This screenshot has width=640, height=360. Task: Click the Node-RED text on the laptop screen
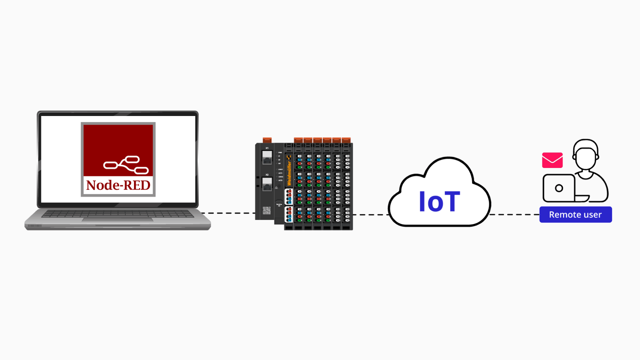pyautogui.click(x=118, y=185)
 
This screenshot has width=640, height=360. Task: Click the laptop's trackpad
pyautogui.click(x=118, y=220)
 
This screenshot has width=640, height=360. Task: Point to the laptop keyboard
pyautogui.click(x=118, y=214)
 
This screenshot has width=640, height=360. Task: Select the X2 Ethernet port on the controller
pyautogui.click(x=267, y=184)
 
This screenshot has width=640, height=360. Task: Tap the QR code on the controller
pyautogui.click(x=267, y=210)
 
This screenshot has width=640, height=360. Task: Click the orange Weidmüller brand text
pyautogui.click(x=289, y=172)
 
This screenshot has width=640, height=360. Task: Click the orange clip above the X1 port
pyautogui.click(x=267, y=140)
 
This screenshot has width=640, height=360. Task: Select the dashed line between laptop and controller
pyautogui.click(x=227, y=213)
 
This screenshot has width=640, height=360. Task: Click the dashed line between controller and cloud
pyautogui.click(x=370, y=215)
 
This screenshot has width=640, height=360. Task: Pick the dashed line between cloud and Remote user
pyautogui.click(x=515, y=215)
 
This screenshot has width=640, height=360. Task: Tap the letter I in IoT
pyautogui.click(x=422, y=202)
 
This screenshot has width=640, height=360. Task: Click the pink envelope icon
pyautogui.click(x=552, y=160)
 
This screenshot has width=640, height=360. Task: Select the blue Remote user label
pyautogui.click(x=575, y=215)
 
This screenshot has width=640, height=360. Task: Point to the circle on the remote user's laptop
pyautogui.click(x=559, y=188)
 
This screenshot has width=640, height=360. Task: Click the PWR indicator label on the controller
pyautogui.click(x=280, y=152)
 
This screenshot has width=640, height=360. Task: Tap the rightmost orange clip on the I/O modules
pyautogui.click(x=346, y=140)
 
